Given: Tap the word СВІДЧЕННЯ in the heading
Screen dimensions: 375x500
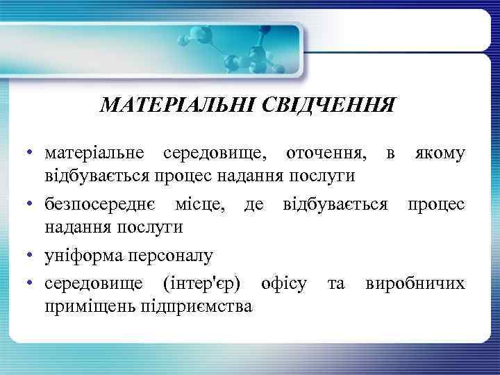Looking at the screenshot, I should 328,106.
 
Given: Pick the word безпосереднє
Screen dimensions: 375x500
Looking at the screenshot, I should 101,205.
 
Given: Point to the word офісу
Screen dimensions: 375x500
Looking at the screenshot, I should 284,284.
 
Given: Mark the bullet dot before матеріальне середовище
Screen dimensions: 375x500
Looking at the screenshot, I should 32,152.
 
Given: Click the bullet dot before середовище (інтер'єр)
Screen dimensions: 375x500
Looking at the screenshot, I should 32,285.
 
